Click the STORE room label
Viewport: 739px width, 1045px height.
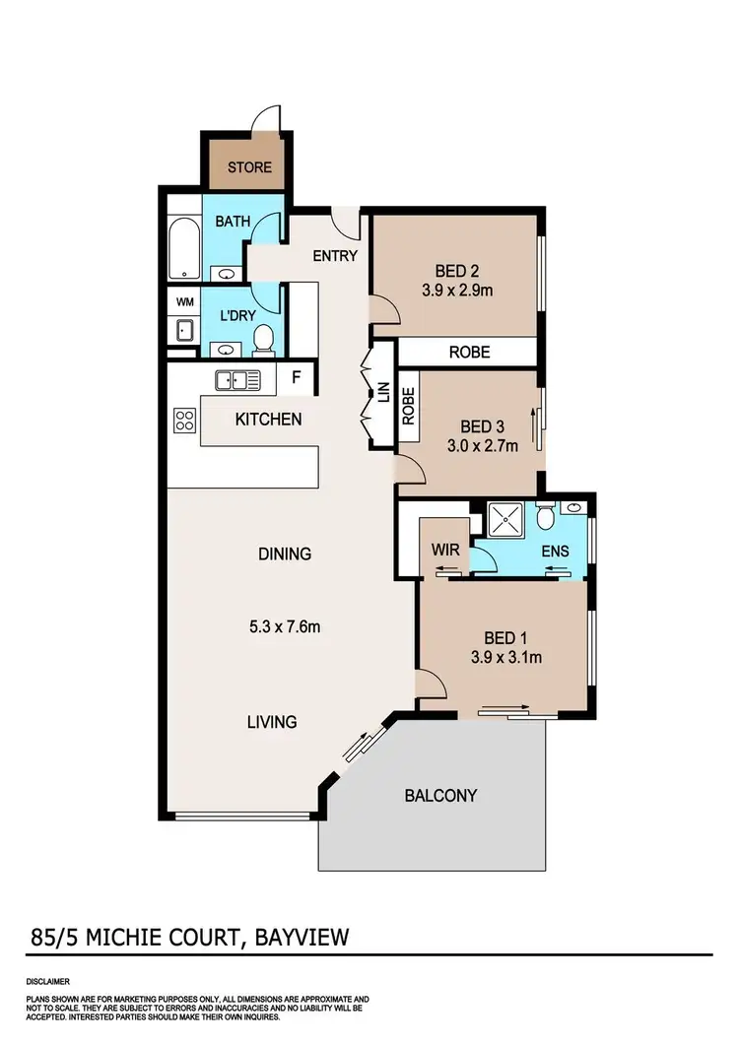(249, 166)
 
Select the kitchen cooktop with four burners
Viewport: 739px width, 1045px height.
(184, 421)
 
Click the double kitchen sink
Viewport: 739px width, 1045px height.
(237, 379)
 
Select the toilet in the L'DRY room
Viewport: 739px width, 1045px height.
(263, 341)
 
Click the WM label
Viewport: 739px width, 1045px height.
(184, 301)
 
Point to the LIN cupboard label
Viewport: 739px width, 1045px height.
(384, 394)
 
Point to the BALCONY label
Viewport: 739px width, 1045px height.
(440, 795)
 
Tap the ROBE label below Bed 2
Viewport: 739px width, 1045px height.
(469, 352)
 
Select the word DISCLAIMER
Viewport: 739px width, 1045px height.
(46, 982)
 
